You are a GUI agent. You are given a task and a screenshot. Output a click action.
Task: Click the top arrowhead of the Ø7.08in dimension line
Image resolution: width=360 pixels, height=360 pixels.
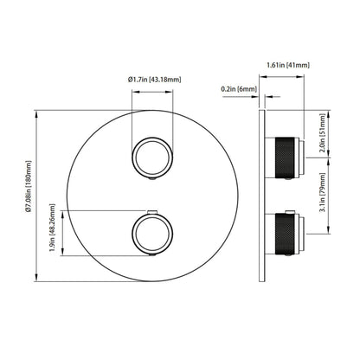click(x=36, y=112)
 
